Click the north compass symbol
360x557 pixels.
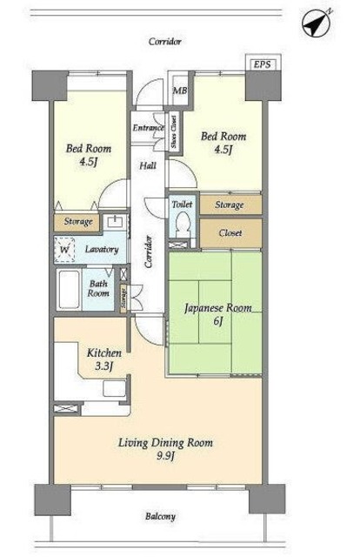point(316,23)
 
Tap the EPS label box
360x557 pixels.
point(263,64)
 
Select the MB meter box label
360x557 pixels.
point(180,91)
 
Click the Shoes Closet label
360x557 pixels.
point(174,131)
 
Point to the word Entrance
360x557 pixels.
point(149,128)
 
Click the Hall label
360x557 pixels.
point(148,165)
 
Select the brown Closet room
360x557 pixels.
point(230,233)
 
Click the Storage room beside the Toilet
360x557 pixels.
point(230,205)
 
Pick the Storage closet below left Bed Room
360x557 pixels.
point(77,222)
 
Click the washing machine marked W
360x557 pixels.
point(64,250)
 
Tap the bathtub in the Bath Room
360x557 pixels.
point(69,290)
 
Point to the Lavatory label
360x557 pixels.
point(102,250)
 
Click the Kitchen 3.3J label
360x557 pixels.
point(104,359)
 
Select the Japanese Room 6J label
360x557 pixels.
point(218,313)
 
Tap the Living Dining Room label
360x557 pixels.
point(165,449)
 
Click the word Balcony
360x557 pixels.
point(160,516)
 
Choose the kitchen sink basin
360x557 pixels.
point(114,388)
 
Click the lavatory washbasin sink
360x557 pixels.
point(115,223)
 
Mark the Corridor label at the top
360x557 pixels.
point(165,42)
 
